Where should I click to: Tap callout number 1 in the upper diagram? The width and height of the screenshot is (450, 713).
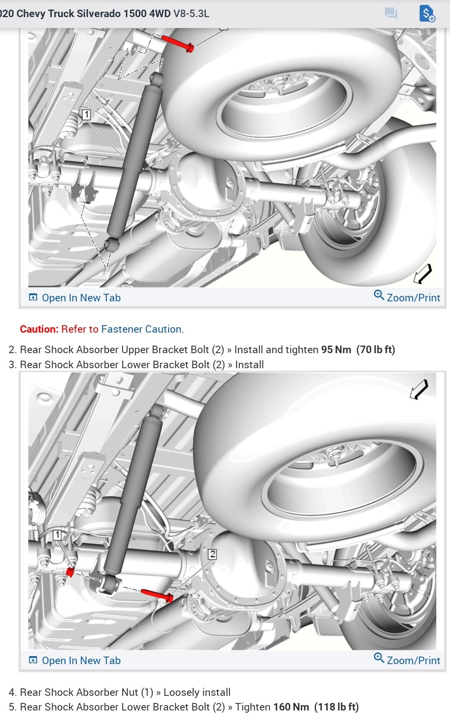pos(86,114)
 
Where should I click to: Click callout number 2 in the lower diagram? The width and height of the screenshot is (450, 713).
pos(212,554)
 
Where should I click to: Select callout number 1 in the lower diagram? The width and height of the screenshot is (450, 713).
pos(58,535)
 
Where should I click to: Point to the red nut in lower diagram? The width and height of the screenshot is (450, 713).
pos(70,572)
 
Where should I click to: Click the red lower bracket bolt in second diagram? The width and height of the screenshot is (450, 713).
pos(157,595)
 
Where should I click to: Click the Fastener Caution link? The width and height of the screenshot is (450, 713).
pos(141,329)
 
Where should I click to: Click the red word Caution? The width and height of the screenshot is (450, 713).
pos(39,329)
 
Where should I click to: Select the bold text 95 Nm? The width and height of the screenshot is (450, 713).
pos(336,349)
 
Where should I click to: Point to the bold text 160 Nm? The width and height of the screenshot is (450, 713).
pos(291,707)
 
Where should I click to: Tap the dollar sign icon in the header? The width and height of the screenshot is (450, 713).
pos(427,13)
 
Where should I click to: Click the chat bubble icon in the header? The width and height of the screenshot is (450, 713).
pos(391,13)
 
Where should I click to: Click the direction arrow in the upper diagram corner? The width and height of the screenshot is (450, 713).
pos(422,274)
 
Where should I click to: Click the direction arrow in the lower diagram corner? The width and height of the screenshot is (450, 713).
pos(419,389)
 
